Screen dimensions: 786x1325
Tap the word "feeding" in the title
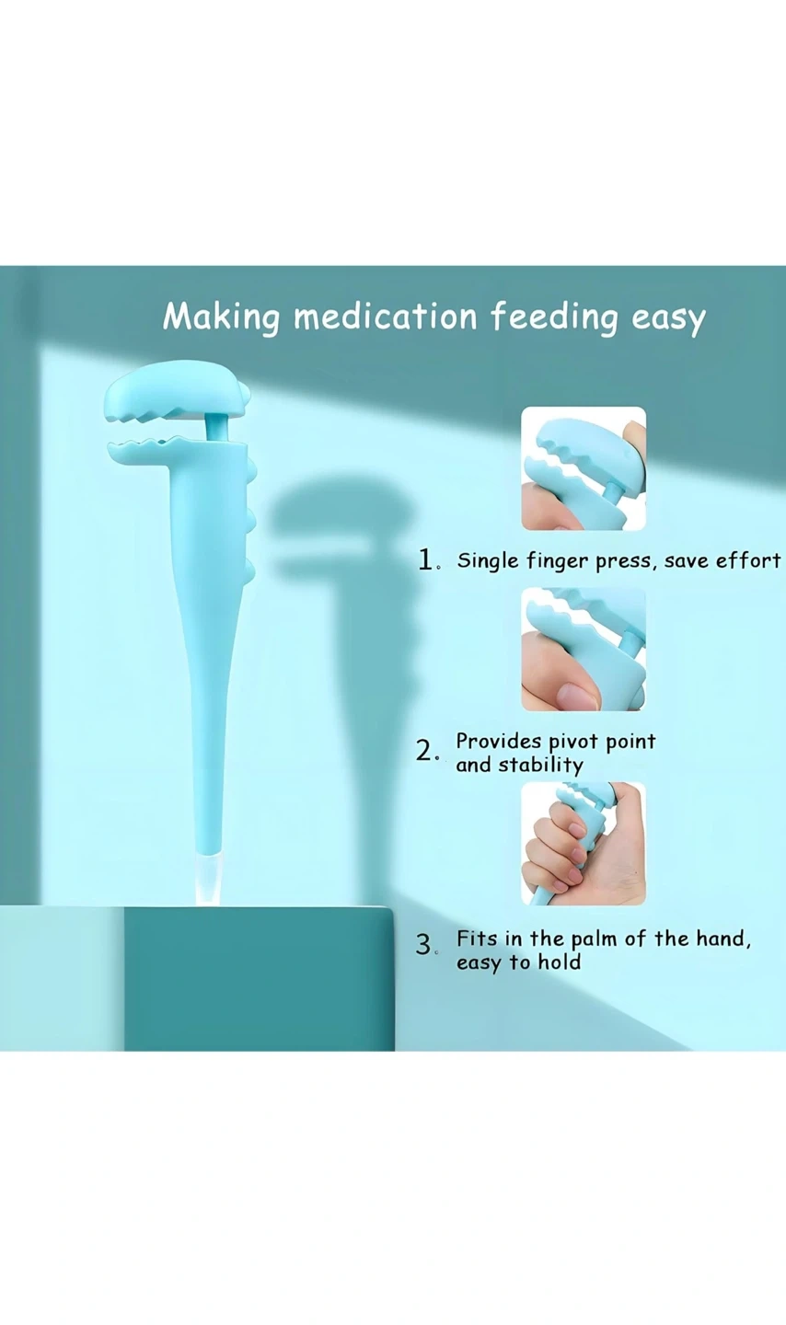tap(554, 318)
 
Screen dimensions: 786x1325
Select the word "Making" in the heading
tap(221, 318)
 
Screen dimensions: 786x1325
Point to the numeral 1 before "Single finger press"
tap(425, 559)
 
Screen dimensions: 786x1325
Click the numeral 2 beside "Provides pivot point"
tap(424, 751)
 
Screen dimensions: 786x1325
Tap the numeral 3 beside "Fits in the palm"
tap(423, 945)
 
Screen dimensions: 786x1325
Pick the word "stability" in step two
tap(541, 765)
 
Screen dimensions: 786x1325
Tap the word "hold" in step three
tap(559, 962)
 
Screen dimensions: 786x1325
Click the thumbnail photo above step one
tap(583, 468)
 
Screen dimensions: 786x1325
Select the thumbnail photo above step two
tap(583, 649)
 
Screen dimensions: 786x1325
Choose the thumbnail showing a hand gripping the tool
tap(583, 843)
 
